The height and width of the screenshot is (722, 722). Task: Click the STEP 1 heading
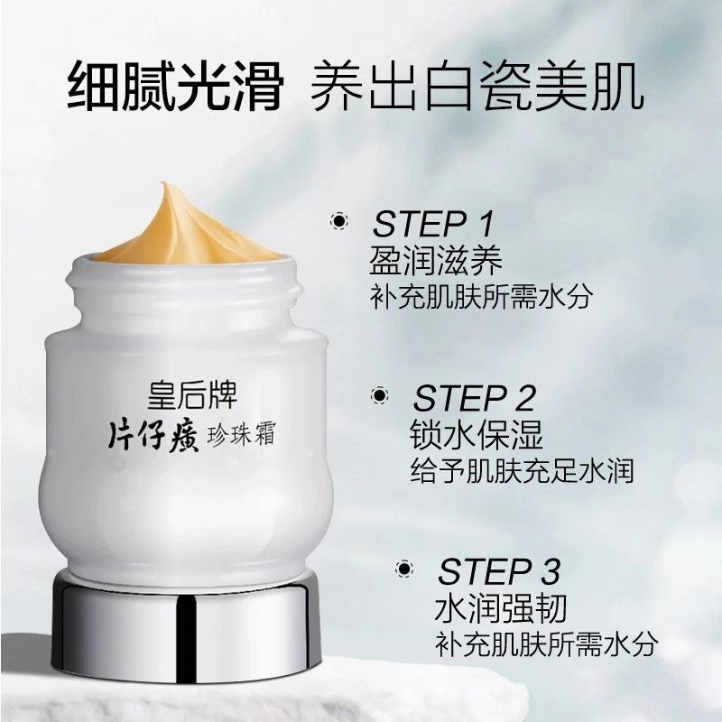click(433, 224)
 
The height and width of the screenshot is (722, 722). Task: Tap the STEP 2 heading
click(475, 398)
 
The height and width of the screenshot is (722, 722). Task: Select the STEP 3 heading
click(499, 572)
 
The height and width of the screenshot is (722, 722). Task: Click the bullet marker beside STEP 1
click(339, 221)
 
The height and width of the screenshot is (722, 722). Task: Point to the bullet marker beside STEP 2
click(380, 395)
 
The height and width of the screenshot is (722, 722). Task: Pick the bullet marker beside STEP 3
click(404, 569)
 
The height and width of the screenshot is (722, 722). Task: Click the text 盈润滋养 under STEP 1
click(436, 260)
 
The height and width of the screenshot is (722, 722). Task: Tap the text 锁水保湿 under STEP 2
click(477, 434)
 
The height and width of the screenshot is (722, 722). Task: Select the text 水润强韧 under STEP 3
click(501, 607)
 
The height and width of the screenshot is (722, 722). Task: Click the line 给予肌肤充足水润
click(523, 470)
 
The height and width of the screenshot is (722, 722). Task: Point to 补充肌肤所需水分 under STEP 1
click(482, 297)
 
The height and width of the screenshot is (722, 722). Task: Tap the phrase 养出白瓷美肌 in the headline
click(477, 87)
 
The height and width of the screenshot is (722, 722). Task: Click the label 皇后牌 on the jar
click(192, 395)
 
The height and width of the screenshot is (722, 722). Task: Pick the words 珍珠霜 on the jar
click(241, 434)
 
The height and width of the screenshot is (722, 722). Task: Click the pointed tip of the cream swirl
click(162, 184)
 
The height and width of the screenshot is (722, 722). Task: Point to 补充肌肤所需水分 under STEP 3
click(547, 643)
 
